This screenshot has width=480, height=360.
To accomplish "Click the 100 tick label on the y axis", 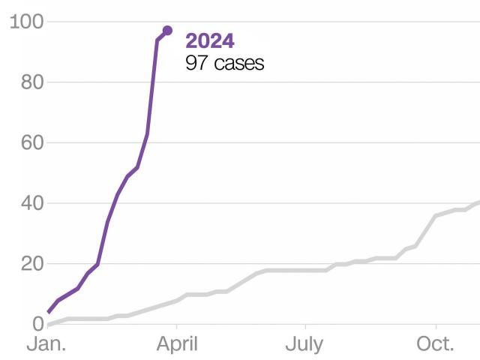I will [25, 22].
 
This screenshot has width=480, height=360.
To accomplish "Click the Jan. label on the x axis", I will [46, 345].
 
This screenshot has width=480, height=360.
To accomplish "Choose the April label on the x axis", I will [176, 345].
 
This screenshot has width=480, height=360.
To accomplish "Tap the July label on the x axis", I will [305, 345].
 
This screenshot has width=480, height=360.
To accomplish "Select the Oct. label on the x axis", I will [436, 345].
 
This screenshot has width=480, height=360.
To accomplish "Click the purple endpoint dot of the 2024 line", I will [167, 31].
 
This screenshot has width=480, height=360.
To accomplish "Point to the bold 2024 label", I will [210, 41].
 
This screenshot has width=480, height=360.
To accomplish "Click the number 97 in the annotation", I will [196, 63].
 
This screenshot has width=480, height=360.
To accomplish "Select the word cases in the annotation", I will [238, 63].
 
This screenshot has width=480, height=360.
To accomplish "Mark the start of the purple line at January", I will [49, 312].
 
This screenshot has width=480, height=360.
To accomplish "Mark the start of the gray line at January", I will [49, 324].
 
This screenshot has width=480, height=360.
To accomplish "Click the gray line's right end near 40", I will [478, 202].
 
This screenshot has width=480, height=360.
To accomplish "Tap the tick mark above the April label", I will [176, 328].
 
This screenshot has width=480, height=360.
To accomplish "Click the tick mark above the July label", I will [305, 328].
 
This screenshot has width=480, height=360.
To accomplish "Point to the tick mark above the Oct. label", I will [436, 328].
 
